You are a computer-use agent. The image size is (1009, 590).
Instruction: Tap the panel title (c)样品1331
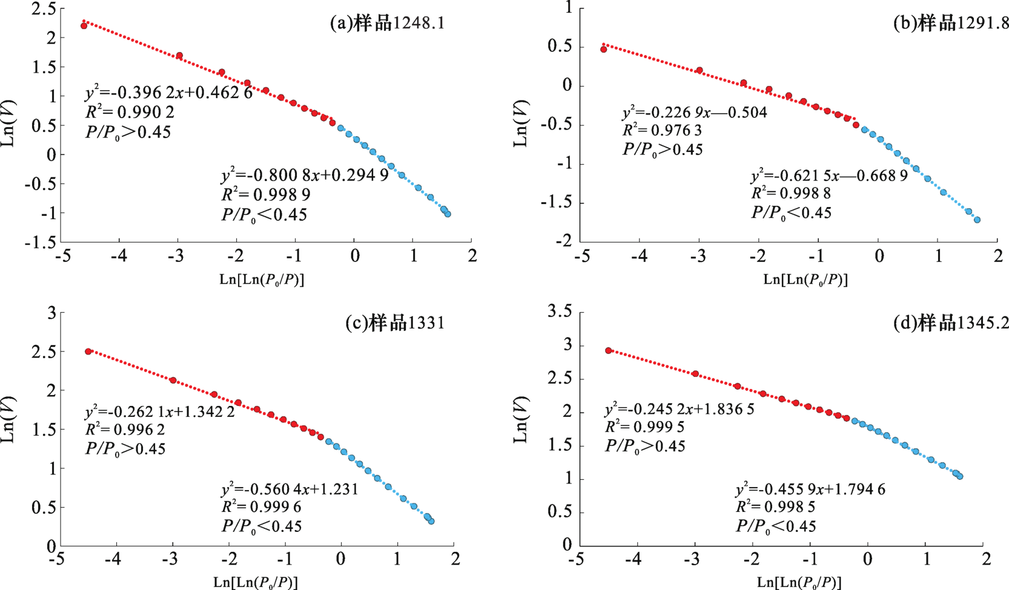395,323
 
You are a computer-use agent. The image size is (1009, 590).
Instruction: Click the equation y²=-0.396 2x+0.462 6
168,94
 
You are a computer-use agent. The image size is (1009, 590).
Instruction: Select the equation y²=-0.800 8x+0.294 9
305,176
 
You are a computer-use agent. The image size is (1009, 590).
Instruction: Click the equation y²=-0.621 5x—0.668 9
829,175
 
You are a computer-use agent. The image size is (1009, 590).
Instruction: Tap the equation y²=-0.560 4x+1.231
289,489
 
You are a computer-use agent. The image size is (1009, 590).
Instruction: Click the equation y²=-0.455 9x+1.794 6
810,489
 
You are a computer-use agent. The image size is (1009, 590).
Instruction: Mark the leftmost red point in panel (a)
84,26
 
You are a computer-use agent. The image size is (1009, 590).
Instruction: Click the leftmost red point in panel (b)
603,50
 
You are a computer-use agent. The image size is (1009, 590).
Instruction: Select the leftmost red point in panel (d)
609,351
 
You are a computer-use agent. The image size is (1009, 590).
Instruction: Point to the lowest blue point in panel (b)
977,220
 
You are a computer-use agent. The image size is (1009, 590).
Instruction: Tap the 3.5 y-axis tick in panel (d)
559,312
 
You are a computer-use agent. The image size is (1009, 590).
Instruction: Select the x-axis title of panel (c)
256,582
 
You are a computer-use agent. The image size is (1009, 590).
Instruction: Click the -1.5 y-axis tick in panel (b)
555,203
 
